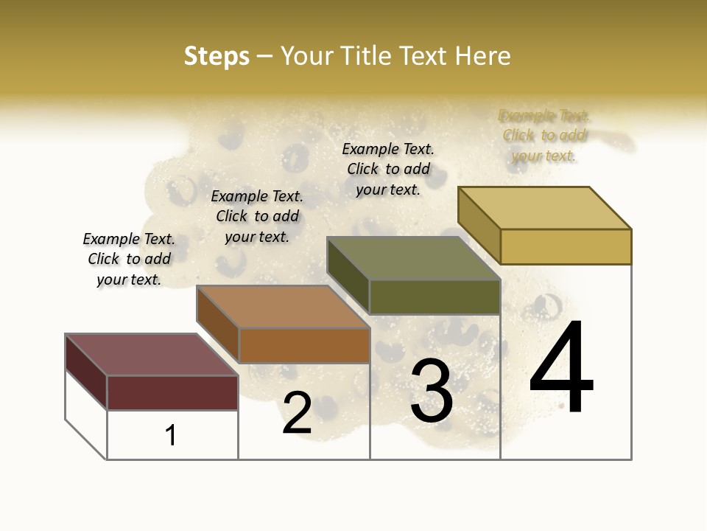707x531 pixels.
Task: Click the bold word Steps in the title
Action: (x=217, y=56)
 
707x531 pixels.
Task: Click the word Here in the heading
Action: (x=482, y=56)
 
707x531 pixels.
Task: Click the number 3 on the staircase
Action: (x=432, y=392)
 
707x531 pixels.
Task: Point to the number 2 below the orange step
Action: (x=297, y=413)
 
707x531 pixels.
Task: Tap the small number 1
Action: (x=171, y=436)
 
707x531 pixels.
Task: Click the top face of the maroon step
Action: (x=151, y=355)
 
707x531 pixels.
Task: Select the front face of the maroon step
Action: (x=172, y=392)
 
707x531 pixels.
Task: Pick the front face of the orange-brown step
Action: (x=304, y=345)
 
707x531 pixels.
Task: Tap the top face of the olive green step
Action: (x=413, y=258)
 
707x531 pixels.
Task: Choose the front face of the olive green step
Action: (x=435, y=296)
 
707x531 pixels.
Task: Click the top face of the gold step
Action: (x=545, y=208)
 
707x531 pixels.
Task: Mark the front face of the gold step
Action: (x=566, y=246)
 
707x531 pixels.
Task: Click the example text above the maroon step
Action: (x=129, y=260)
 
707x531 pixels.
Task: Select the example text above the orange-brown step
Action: (x=257, y=216)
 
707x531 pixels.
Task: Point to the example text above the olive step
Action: (x=388, y=169)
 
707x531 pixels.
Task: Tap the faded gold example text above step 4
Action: (x=544, y=136)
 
